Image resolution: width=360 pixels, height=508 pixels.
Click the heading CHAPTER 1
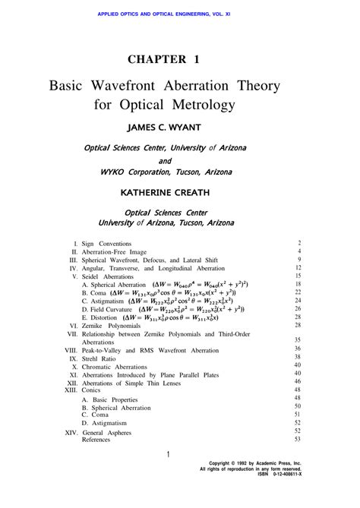pyautogui.click(x=179, y=58)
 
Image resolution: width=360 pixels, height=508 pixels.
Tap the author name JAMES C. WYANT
pyautogui.click(x=180, y=128)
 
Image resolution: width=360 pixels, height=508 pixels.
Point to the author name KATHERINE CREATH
pyautogui.click(x=179, y=193)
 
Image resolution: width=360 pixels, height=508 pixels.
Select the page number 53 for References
pyautogui.click(x=298, y=439)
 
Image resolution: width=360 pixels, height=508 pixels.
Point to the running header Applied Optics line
pyautogui.click(x=179, y=13)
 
